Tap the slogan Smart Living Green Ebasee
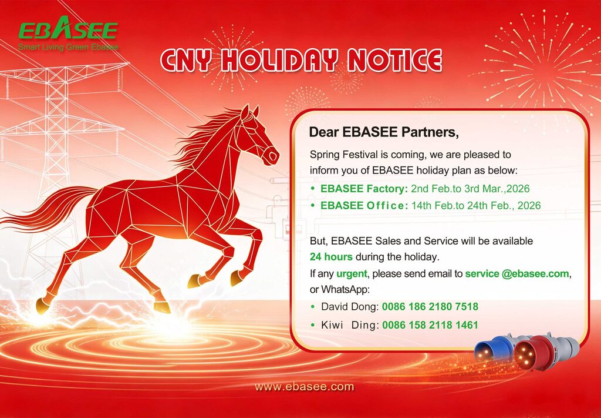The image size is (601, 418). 68,46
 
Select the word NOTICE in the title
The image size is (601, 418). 394,61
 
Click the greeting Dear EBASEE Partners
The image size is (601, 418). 384,132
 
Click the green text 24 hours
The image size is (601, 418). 331,256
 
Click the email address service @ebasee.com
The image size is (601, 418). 518,273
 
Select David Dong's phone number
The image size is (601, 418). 430,306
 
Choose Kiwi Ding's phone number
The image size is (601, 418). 430,325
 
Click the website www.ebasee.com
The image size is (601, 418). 304,386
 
